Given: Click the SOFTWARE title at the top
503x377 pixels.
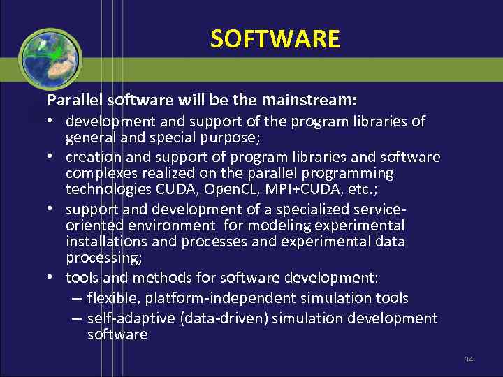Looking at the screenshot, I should click(x=275, y=38).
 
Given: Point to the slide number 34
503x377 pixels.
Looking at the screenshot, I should click(x=468, y=360).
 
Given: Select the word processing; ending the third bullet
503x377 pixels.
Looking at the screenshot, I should click(x=104, y=258).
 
